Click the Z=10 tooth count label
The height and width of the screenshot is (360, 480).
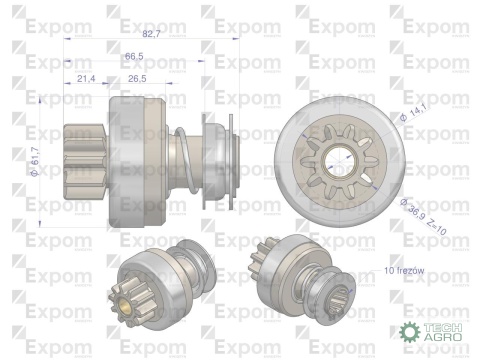[440, 225]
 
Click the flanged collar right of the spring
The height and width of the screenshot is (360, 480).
[219, 150]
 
